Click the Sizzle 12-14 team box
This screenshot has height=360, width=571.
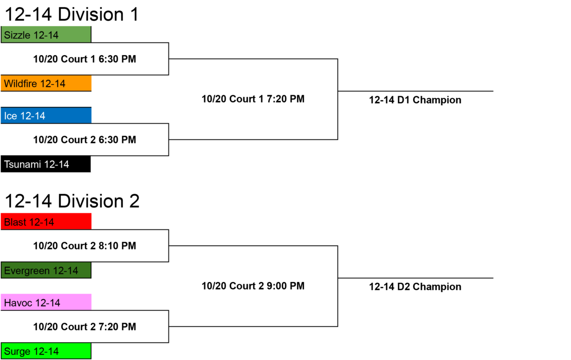pos(46,34)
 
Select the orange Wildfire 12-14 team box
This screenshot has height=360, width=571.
pos(46,83)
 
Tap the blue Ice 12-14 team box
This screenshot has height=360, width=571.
pos(46,115)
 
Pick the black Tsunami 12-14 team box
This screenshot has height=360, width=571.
pos(46,164)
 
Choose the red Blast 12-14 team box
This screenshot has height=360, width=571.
pos(46,221)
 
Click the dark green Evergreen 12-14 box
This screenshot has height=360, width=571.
pos(46,270)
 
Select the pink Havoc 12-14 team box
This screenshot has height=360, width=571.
pos(46,302)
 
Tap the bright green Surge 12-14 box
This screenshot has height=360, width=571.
pos(46,351)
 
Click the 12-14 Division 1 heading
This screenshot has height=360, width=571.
pos(72,14)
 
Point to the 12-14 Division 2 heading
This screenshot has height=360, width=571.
pos(72,201)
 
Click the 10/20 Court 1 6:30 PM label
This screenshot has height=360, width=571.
pos(85,59)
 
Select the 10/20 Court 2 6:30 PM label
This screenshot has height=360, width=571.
pos(85,140)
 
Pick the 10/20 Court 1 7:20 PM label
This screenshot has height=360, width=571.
pos(253,99)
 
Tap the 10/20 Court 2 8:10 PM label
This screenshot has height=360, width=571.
pos(85,246)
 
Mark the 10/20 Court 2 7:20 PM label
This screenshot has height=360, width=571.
pos(85,327)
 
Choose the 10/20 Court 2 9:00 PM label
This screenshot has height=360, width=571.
pos(253,286)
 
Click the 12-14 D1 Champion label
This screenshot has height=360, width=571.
pos(415,100)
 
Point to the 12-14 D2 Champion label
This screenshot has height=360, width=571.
pos(415,287)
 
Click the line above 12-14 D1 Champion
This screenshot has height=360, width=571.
pos(415,91)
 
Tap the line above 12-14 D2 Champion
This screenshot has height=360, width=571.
pos(415,278)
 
